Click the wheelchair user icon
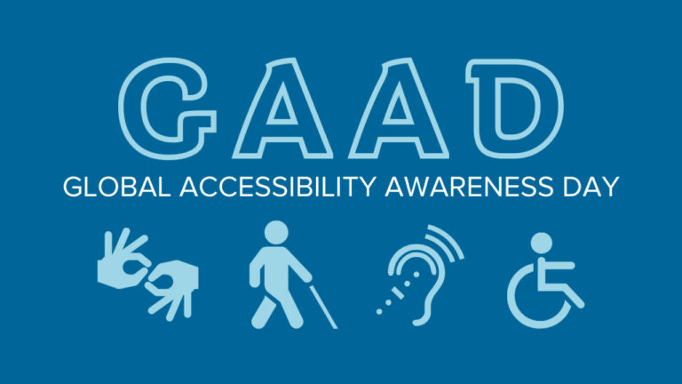[x=543, y=276]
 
